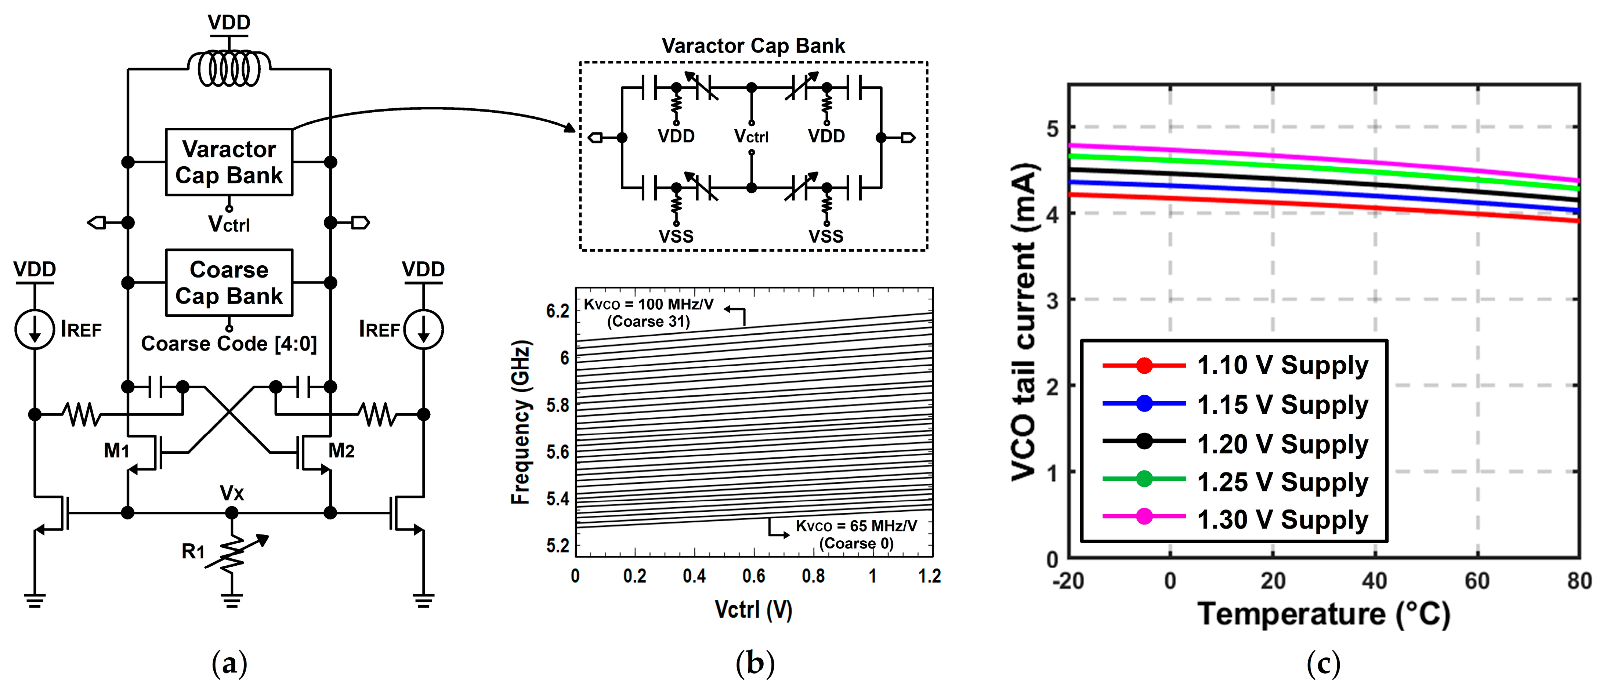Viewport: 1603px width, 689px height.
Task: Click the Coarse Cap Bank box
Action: point(229,283)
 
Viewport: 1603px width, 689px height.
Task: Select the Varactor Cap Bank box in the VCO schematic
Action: point(229,162)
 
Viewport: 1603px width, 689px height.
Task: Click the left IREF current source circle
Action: point(35,329)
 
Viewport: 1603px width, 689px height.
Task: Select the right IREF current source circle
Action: point(424,329)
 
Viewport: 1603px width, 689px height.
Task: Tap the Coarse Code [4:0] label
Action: point(229,344)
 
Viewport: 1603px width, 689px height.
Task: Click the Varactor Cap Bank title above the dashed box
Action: point(753,46)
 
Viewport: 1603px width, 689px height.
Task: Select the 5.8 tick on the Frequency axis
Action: point(558,405)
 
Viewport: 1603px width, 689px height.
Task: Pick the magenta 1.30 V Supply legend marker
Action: point(1144,516)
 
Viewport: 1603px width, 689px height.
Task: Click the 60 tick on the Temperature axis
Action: point(1477,581)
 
